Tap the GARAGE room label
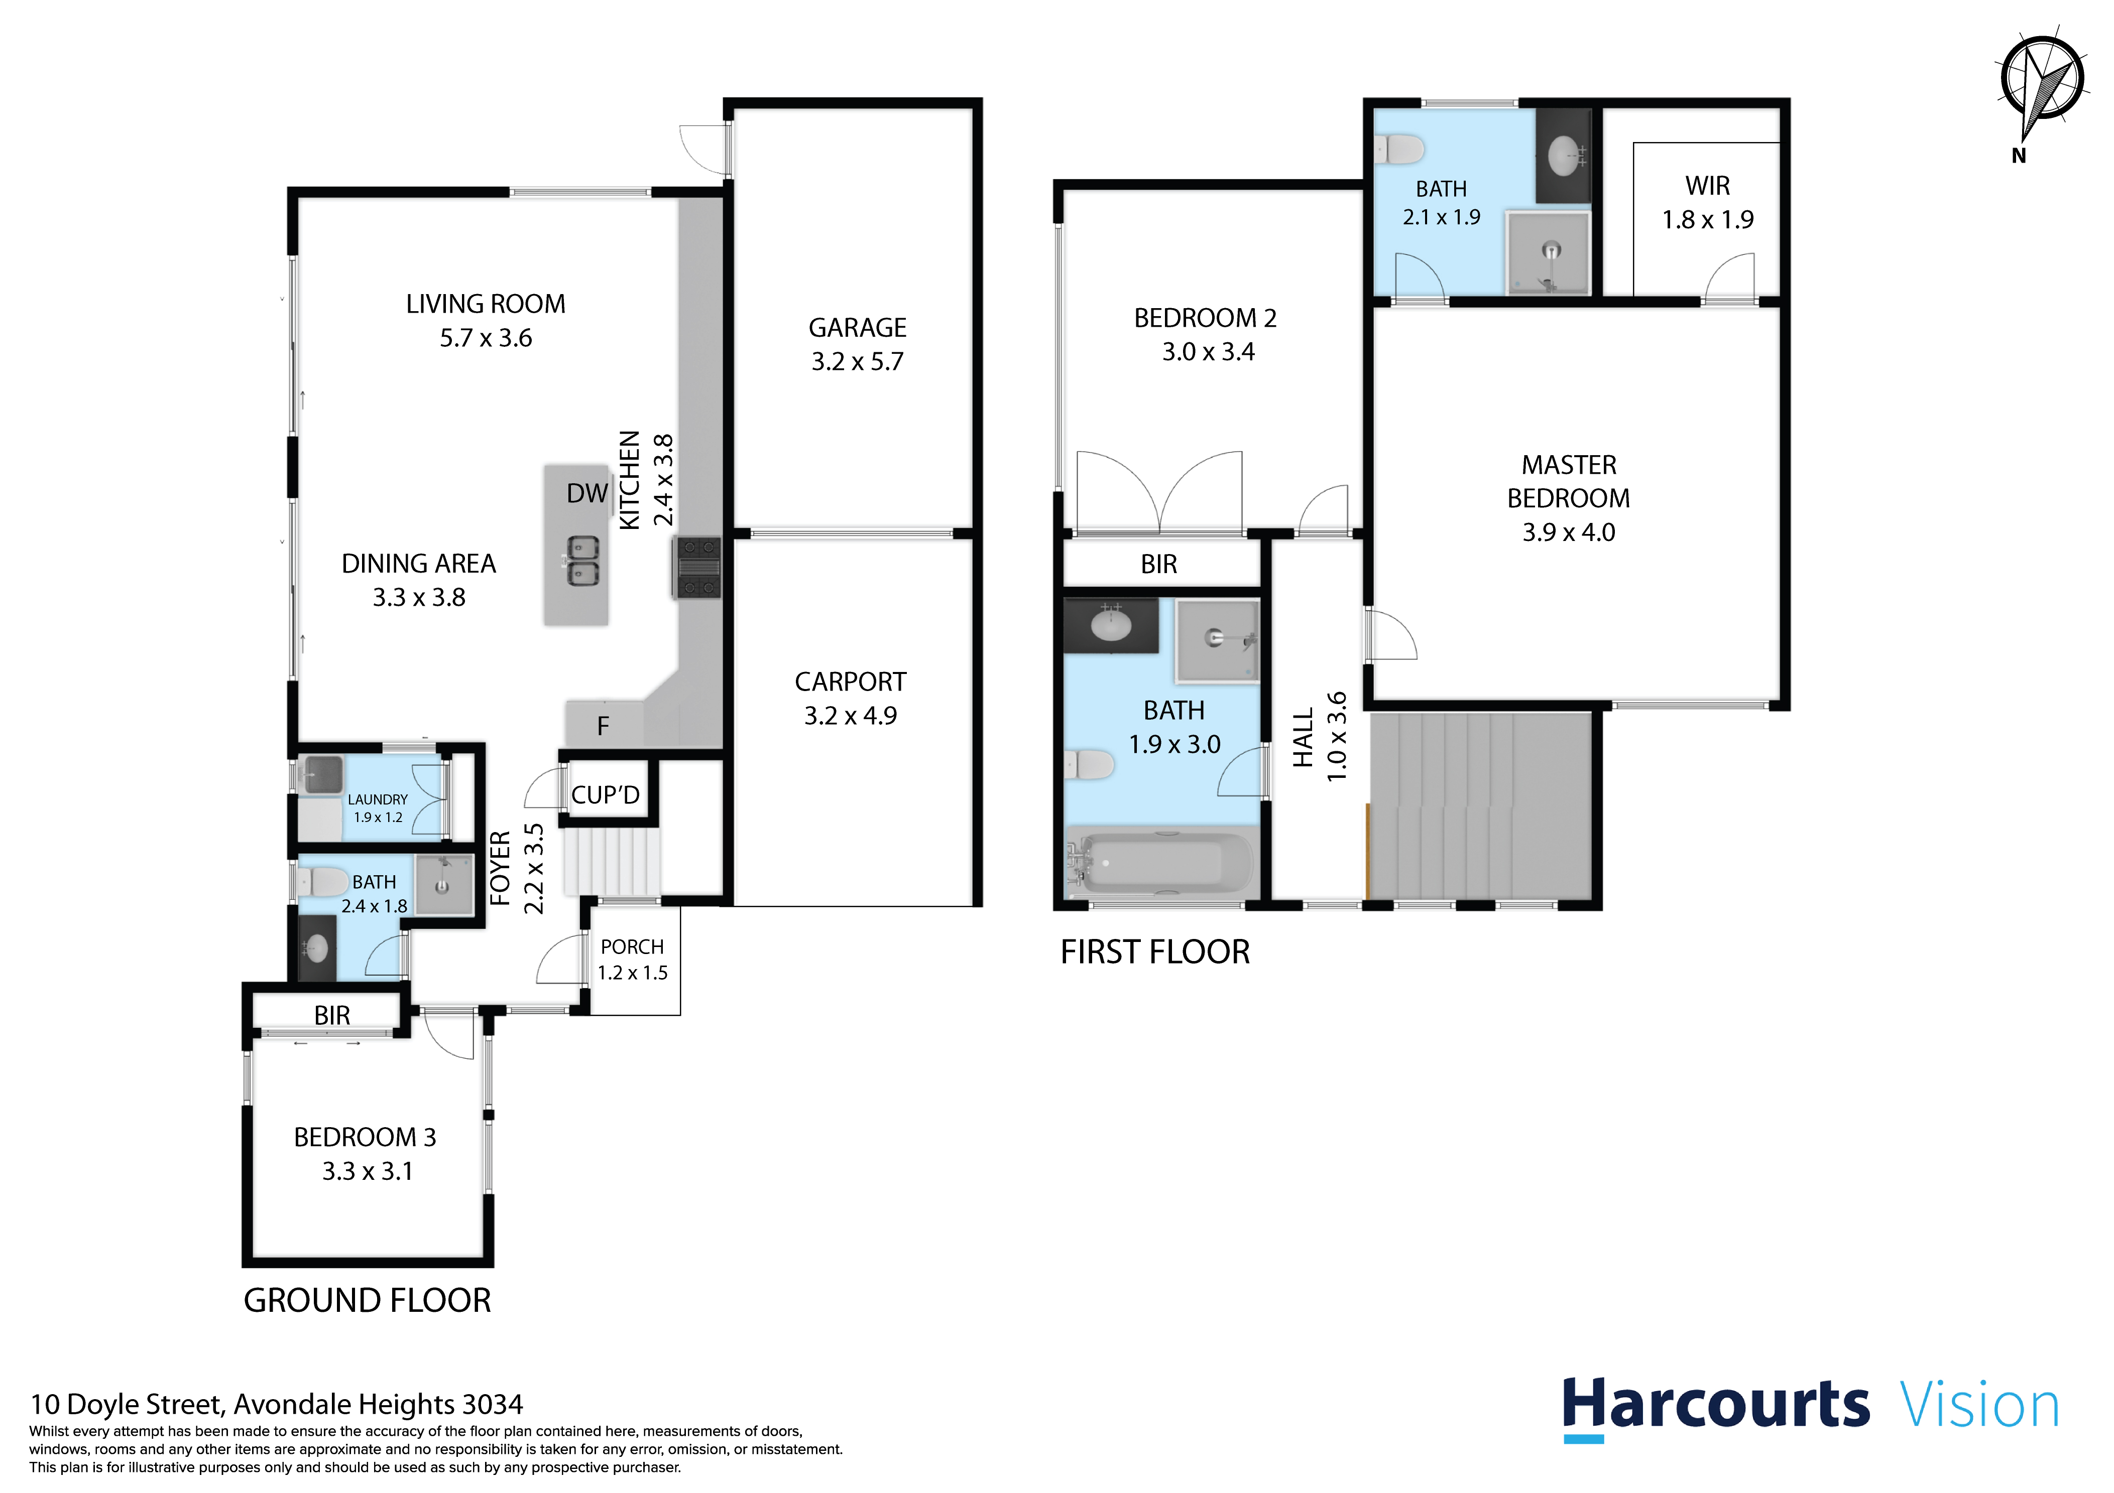857,328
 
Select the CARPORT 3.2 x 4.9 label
851,699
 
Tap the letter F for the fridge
603,726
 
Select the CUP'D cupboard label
605,794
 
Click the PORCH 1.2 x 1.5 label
633,959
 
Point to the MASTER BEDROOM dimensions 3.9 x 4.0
1569,532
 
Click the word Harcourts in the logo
1716,1406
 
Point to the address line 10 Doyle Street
276,1405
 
